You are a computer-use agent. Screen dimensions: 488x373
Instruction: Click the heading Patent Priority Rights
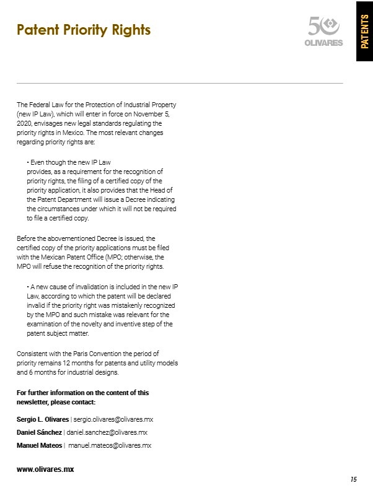tap(84, 30)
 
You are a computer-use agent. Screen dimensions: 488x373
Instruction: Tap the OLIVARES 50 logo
tap(325, 30)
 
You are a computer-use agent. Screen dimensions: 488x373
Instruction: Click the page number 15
tap(354, 479)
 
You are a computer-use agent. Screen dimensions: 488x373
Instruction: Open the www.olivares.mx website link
tap(45, 469)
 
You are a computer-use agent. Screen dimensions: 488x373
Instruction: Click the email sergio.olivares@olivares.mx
tap(118, 419)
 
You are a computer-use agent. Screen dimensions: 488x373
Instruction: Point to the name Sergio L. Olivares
tap(42, 419)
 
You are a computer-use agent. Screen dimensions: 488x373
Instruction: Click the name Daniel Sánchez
tap(39, 432)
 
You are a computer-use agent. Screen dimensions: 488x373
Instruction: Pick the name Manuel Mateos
tap(40, 445)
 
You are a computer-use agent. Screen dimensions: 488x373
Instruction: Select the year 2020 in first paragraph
tap(23, 124)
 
